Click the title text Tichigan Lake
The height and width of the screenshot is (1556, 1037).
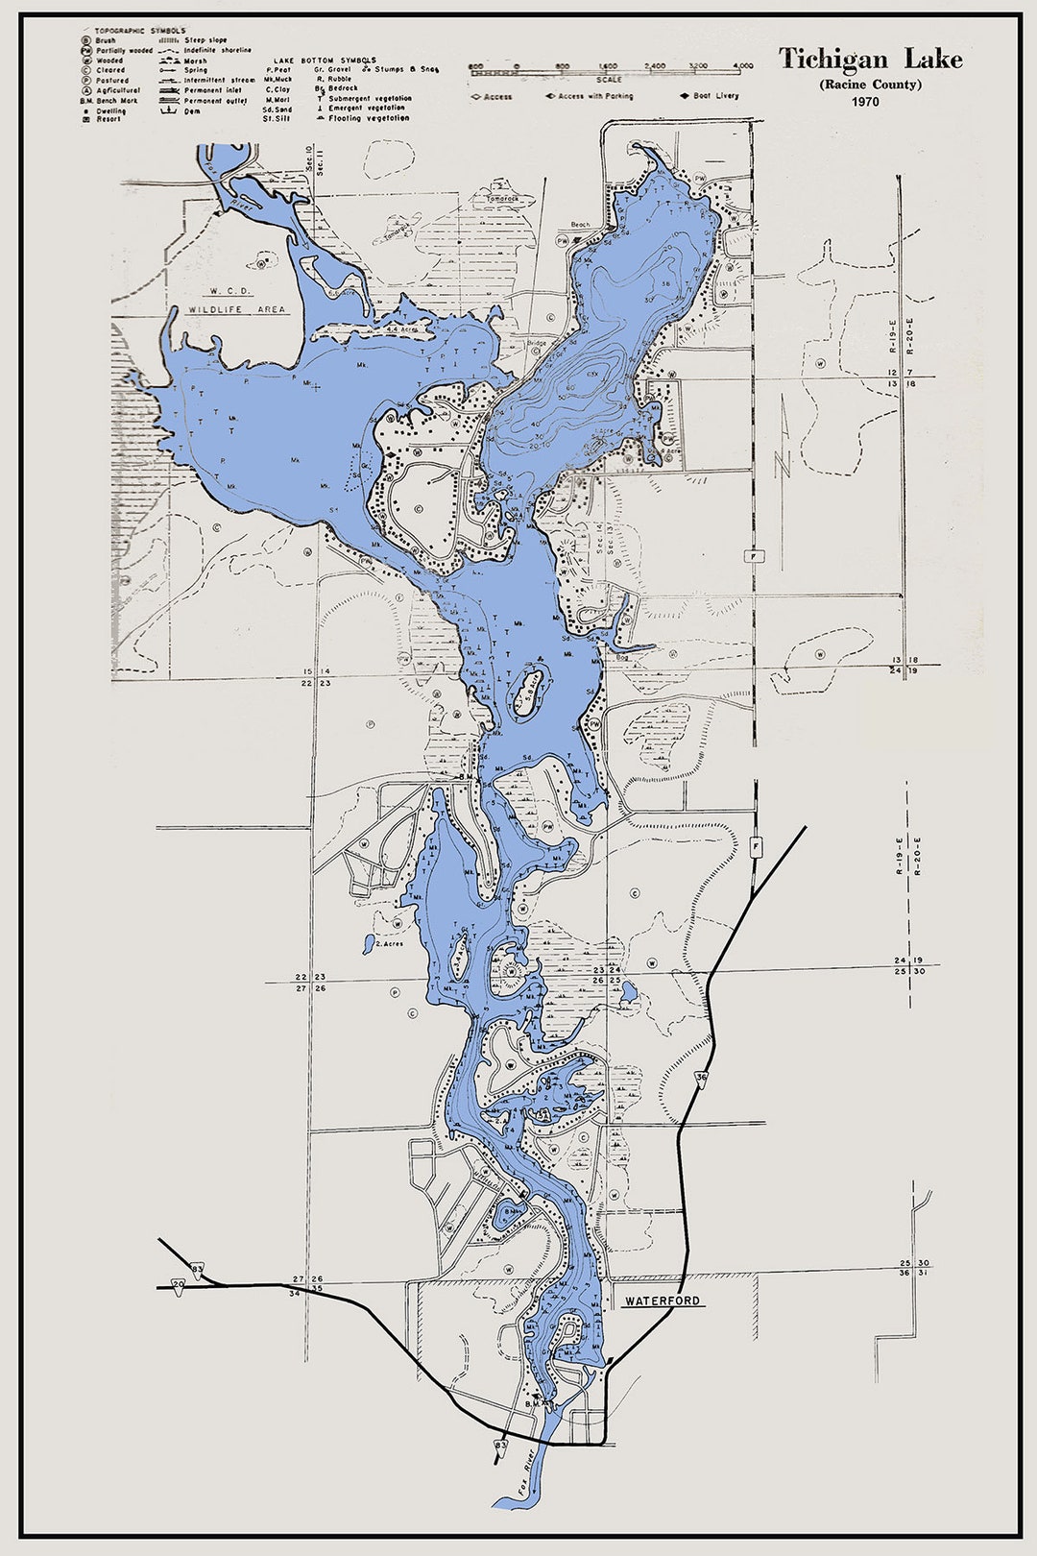[x=869, y=60]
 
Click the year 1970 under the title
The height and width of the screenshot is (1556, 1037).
[x=864, y=102]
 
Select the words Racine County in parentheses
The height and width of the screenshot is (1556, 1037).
[x=870, y=85]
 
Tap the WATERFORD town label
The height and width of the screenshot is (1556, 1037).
[x=663, y=1301]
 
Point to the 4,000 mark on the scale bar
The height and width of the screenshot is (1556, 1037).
[x=742, y=66]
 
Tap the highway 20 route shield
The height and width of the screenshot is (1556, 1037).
[x=179, y=1283]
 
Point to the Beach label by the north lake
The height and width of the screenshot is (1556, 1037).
[x=580, y=225]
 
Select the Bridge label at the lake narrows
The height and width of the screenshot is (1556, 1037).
[x=536, y=343]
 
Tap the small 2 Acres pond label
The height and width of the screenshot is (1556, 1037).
[x=389, y=944]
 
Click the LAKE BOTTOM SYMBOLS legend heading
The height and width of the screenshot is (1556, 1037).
[x=326, y=60]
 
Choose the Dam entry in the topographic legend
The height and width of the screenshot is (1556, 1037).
[x=192, y=111]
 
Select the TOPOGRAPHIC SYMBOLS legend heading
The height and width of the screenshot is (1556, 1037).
[x=140, y=31]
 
